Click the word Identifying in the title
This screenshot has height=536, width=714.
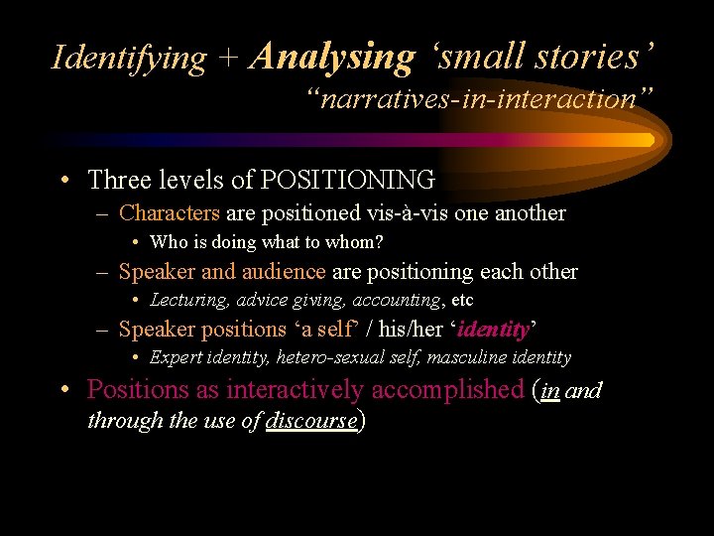tap(129, 58)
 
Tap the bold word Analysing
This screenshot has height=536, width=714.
tap(332, 57)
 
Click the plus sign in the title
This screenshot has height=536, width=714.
tap(228, 59)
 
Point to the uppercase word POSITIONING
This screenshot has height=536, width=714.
tap(347, 180)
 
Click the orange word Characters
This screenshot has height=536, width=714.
tap(170, 212)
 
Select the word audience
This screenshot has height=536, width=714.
tap(281, 271)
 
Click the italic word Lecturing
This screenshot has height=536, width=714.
tap(189, 300)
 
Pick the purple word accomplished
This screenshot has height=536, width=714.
tap(447, 390)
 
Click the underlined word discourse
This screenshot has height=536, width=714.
tap(312, 420)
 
